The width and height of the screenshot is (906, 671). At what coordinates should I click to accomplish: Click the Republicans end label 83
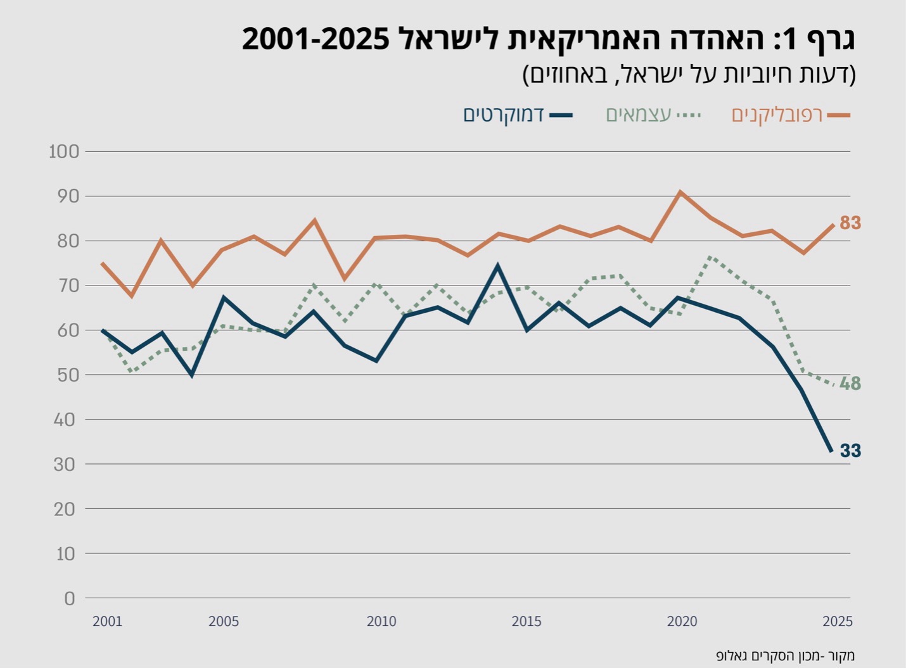(x=850, y=223)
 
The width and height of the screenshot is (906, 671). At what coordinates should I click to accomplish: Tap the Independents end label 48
(x=850, y=384)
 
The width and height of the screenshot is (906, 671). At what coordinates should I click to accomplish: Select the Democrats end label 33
(x=850, y=451)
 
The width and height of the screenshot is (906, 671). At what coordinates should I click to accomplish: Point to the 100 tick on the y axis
(x=64, y=151)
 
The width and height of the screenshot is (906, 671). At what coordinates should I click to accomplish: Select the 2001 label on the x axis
(x=107, y=622)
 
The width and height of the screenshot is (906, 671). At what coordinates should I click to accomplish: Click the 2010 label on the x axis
(x=381, y=622)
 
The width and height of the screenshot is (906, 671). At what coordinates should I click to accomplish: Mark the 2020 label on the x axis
(x=682, y=622)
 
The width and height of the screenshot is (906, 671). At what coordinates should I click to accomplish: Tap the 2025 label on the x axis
(x=838, y=622)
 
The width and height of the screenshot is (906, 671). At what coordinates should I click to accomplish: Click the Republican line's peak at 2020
(x=680, y=191)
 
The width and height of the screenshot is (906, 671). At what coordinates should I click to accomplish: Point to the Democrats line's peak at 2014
(x=498, y=266)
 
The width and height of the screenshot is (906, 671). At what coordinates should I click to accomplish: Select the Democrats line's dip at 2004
(x=192, y=375)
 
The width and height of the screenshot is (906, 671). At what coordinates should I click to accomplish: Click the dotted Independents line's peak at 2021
(x=710, y=257)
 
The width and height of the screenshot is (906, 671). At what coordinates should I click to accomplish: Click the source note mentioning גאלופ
(x=785, y=655)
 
